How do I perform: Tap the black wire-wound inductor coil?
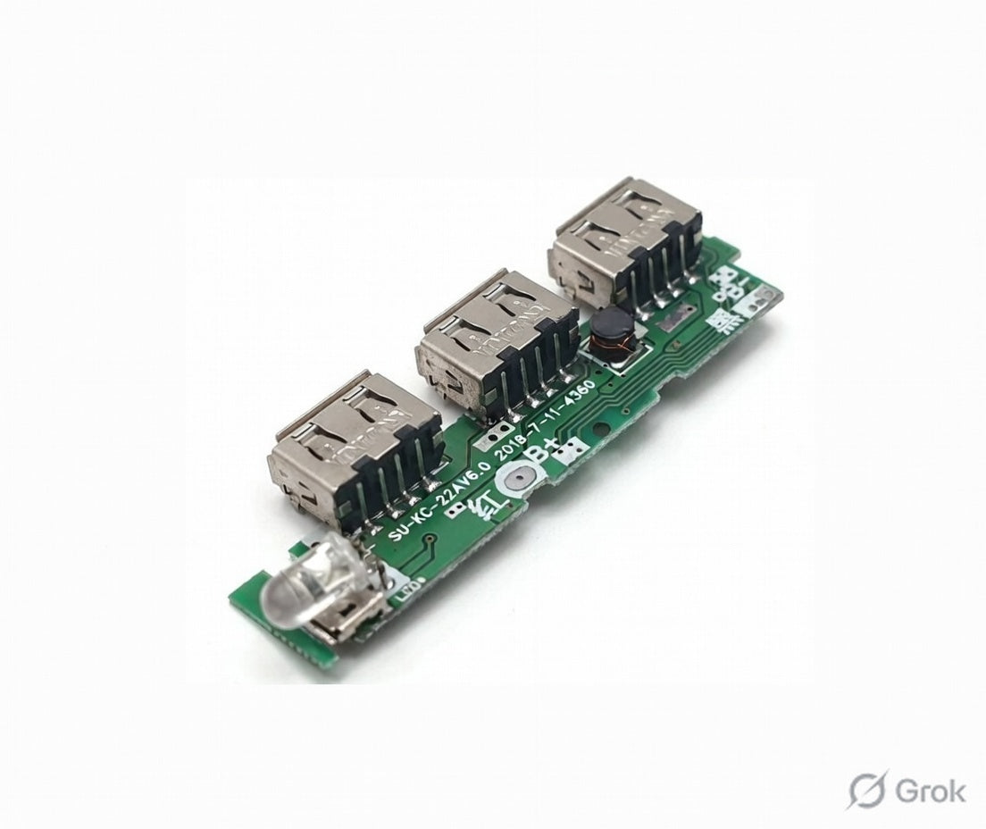point(607,337)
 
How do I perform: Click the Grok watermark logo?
point(907,790)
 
